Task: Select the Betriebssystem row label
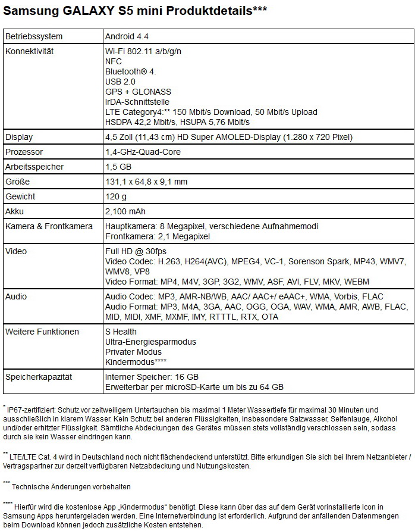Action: click(33, 37)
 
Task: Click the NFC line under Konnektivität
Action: click(113, 61)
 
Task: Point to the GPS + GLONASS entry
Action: click(137, 92)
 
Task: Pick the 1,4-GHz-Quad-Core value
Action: click(142, 152)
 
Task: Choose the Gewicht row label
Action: click(20, 196)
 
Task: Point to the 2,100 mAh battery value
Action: click(125, 211)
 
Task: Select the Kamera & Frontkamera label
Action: click(49, 226)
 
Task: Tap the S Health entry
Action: click(121, 332)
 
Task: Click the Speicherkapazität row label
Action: click(38, 377)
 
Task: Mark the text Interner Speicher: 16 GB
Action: click(152, 377)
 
